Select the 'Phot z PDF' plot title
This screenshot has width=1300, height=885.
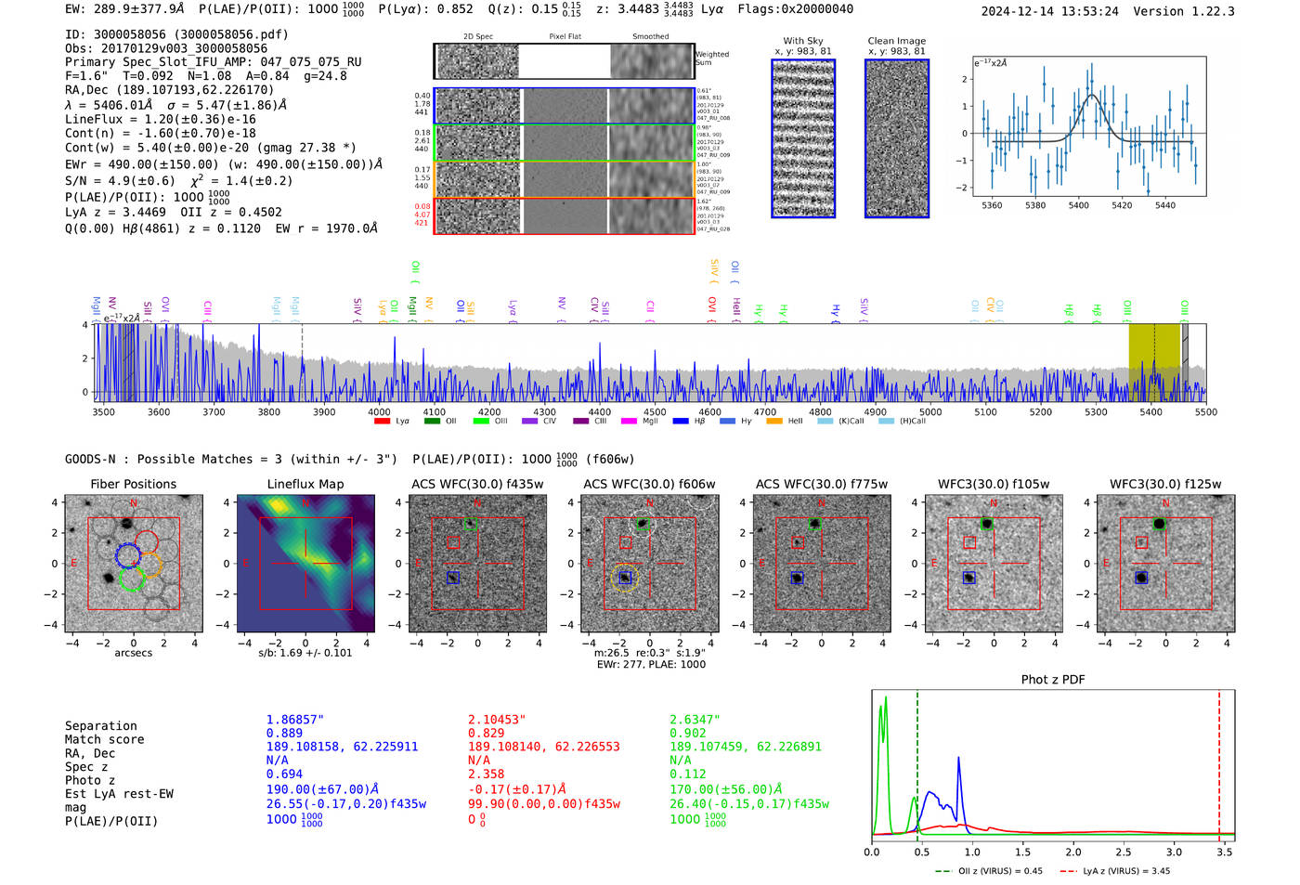coord(1053,680)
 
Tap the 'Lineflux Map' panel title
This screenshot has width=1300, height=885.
coord(305,484)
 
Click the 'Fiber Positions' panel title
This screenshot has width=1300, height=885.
coord(133,484)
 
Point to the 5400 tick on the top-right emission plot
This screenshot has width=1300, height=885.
coord(1078,205)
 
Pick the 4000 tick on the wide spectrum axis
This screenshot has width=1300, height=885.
coord(379,412)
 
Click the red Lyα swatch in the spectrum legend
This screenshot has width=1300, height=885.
coord(381,422)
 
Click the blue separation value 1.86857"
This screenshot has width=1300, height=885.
coord(295,720)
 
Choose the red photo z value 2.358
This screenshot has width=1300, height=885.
coord(486,774)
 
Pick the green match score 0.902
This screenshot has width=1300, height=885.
coord(688,733)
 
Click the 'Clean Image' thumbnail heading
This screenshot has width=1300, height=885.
coord(896,41)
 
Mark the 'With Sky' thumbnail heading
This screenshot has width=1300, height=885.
coord(803,41)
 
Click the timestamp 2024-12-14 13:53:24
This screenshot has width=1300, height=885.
coord(1050,12)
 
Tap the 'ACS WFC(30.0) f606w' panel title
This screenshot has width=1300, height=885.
coord(649,484)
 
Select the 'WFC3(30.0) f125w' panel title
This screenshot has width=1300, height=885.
coord(1165,484)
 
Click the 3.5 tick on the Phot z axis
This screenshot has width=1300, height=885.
coord(1225,852)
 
